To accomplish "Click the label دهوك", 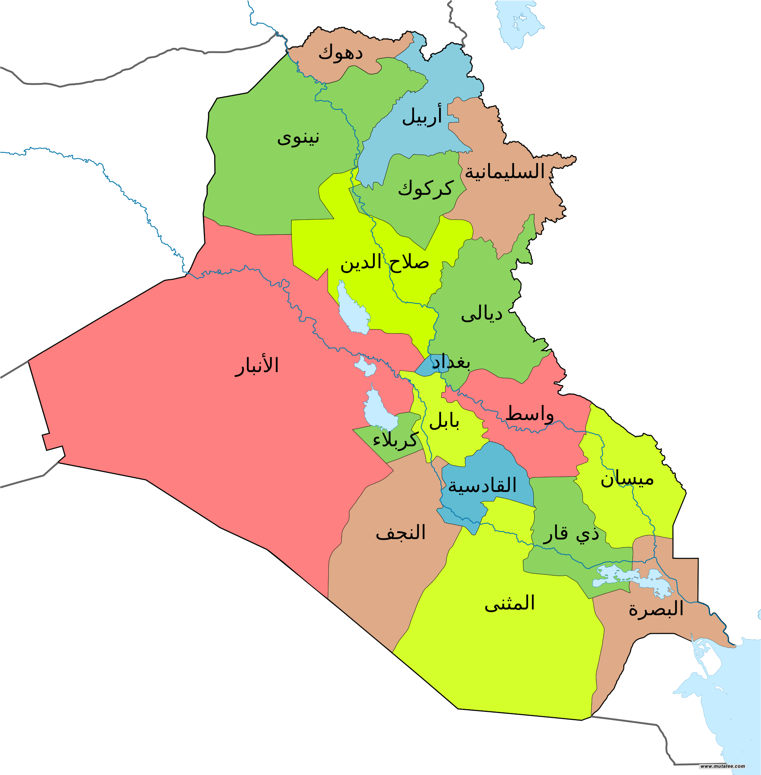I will (340, 53).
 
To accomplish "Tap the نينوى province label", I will (298, 138).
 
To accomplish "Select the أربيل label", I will (422, 116).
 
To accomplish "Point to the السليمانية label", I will (505, 172).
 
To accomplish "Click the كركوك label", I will (425, 189).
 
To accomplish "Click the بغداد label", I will (451, 362).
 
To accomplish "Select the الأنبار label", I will (256, 365).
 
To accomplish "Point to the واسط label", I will (530, 414).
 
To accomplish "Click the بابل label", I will (444, 421).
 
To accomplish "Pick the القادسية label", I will (482, 485).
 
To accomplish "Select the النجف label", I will (401, 533).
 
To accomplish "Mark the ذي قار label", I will (571, 533).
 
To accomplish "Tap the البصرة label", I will (656, 609).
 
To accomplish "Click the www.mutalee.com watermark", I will (723, 766).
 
